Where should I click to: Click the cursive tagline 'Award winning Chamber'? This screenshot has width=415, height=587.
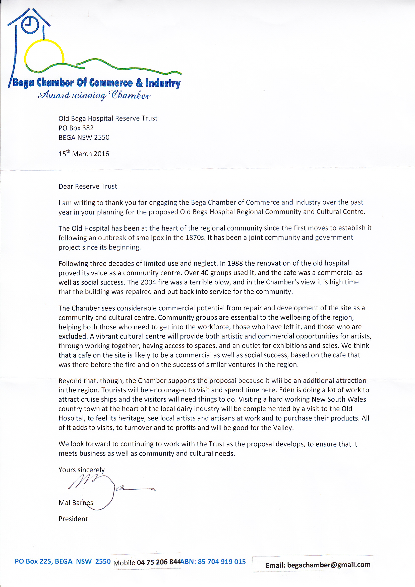94,95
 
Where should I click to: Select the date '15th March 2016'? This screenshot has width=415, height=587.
84,154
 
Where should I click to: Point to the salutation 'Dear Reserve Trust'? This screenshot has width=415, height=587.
88,186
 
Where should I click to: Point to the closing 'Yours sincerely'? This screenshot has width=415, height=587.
82,470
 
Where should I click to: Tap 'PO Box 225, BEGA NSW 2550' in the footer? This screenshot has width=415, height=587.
63,561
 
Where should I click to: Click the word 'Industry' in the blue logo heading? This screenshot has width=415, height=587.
163,83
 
